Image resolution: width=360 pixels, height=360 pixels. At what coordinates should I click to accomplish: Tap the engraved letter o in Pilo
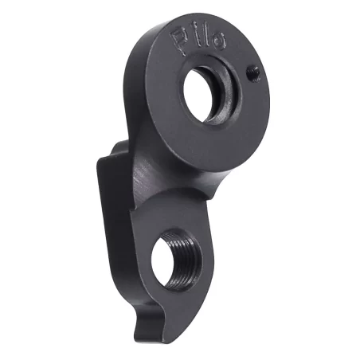216,41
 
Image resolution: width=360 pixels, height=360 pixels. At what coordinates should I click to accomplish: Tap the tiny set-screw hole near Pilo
253,72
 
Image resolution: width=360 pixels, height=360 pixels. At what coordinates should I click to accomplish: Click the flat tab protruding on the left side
112,179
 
